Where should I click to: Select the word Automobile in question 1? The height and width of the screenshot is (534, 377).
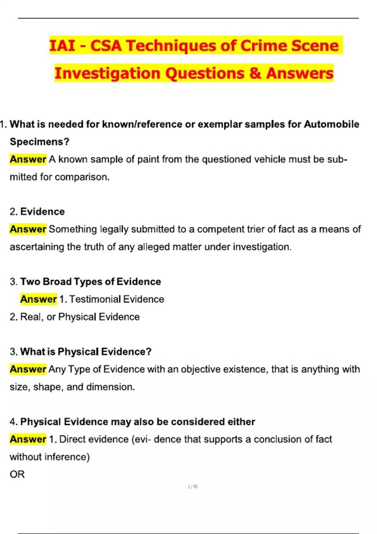[331, 124]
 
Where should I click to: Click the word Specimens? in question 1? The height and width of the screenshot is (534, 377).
[40, 142]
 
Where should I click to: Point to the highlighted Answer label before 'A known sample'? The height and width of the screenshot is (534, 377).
[28, 159]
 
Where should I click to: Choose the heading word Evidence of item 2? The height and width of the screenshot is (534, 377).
[42, 212]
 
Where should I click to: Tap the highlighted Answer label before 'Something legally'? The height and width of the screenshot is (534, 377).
[28, 229]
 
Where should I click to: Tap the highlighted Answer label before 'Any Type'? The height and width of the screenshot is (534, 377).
[28, 369]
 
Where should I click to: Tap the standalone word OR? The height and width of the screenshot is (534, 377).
[17, 474]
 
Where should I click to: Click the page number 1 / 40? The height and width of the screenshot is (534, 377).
[193, 487]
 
